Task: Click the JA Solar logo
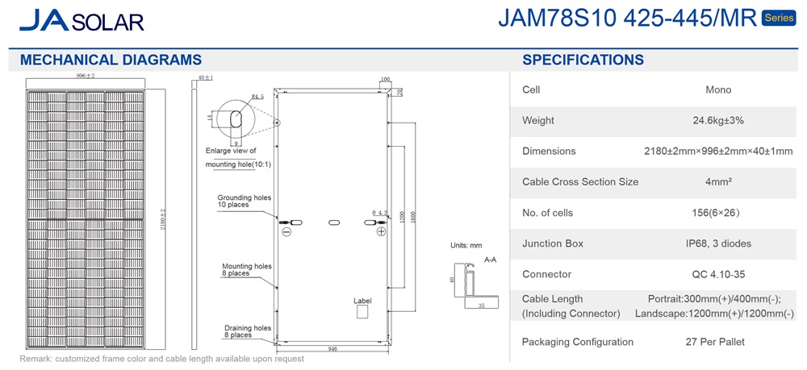[x=81, y=21]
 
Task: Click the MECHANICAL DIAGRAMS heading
[x=111, y=60]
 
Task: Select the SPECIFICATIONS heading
[x=583, y=60]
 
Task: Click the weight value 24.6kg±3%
[x=718, y=121]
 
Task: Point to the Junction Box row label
[x=553, y=243]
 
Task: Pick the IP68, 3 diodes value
[x=718, y=243]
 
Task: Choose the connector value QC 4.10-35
[x=718, y=274]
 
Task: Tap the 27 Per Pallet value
[x=718, y=342]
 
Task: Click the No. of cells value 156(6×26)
[x=718, y=213]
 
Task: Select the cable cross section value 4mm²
[x=718, y=182]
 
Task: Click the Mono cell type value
[x=718, y=90]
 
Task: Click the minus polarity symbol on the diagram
[x=286, y=231]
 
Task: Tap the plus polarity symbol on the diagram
[x=381, y=231]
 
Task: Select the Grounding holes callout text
[x=245, y=202]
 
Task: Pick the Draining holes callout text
[x=247, y=331]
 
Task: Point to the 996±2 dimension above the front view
[x=86, y=76]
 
